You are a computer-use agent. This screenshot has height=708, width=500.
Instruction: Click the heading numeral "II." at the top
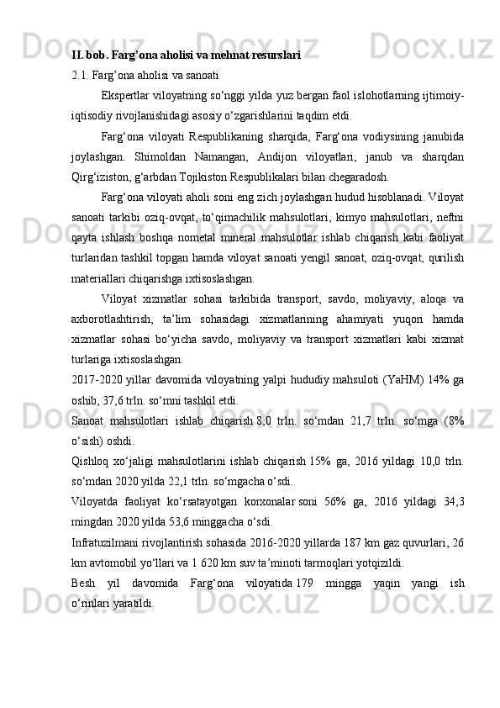point(77,55)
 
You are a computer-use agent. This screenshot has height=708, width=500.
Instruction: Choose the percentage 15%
point(318,461)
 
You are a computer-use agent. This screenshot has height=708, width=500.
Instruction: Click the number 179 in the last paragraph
point(304,584)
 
